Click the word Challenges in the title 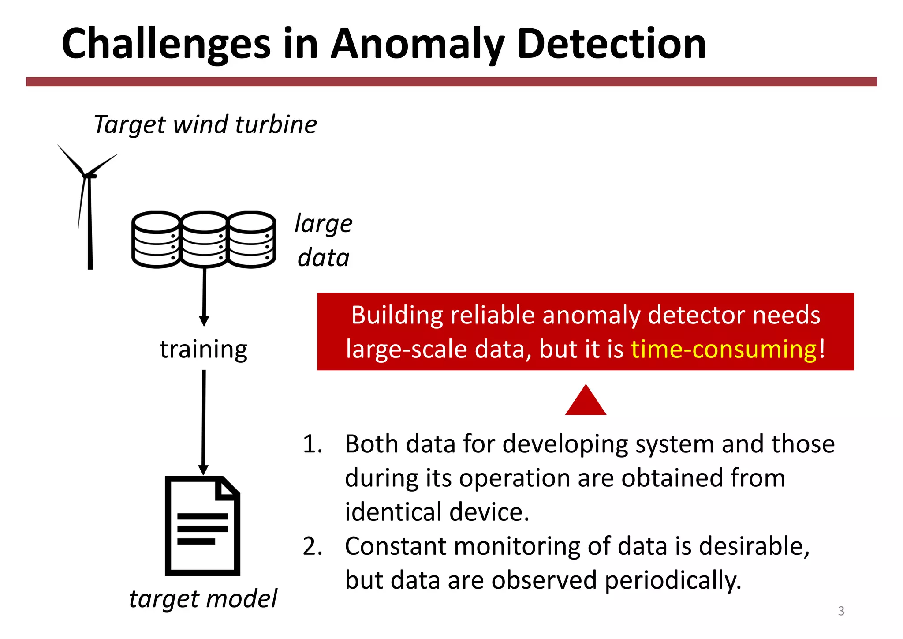[166, 44]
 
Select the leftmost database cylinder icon [157, 239]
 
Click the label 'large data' [324, 241]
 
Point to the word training [203, 349]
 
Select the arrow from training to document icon [204, 421]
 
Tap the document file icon [203, 526]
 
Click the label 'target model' [203, 599]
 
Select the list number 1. [312, 444]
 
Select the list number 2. [312, 546]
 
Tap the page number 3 [841, 611]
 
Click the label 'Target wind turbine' [205, 124]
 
